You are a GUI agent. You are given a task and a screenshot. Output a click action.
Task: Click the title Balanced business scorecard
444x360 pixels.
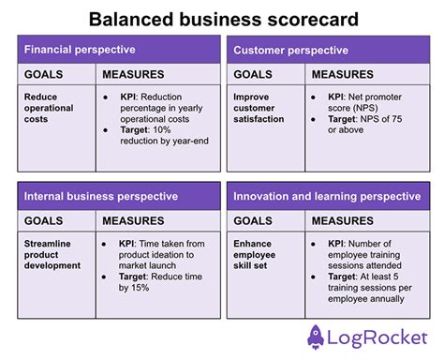221,18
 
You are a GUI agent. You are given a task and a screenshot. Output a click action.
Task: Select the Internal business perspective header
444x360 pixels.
100,196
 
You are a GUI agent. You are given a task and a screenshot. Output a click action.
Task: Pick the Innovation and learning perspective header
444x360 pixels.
327,196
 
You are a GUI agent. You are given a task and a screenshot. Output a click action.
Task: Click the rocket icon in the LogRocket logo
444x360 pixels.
316,336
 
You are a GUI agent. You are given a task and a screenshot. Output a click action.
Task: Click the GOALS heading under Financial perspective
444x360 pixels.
44,74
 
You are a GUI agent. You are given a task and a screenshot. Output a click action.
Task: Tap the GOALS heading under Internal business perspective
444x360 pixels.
44,221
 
